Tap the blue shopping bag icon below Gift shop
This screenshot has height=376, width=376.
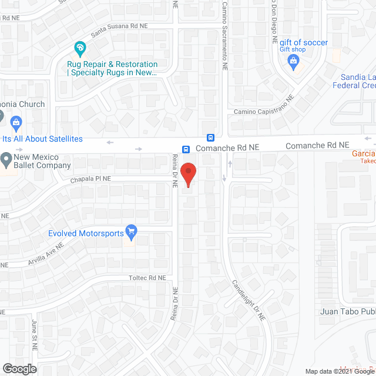tap(294, 63)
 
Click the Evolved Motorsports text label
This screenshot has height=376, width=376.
tap(86, 233)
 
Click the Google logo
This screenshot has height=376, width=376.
tap(19, 369)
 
